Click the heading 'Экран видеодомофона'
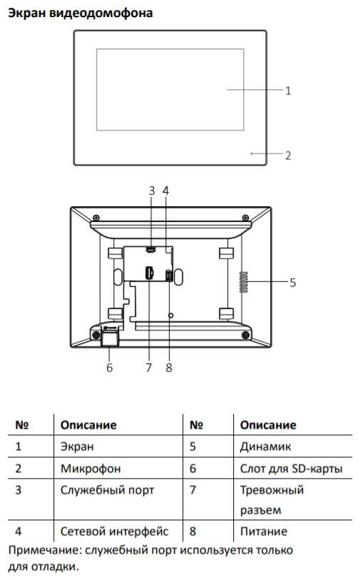[x=81, y=13]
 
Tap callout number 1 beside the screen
[x=288, y=91]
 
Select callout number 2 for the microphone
[x=288, y=156]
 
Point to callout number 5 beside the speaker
[x=293, y=283]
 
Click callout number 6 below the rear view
[x=109, y=367]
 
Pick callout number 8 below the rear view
[x=169, y=367]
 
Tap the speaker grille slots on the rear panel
[x=244, y=283]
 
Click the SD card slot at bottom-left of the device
[x=110, y=338]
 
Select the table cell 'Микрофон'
[x=91, y=469]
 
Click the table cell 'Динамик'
[x=265, y=447]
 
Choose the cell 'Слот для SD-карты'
[x=292, y=469]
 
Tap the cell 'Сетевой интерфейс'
[x=114, y=531]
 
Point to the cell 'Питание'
[x=264, y=531]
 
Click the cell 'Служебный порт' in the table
[x=107, y=490]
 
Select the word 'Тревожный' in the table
[x=272, y=490]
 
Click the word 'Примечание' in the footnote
[x=44, y=550]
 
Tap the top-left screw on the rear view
[x=96, y=217]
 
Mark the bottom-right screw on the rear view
[x=245, y=335]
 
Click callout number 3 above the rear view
[x=152, y=191]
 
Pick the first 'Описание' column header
[x=88, y=425]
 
